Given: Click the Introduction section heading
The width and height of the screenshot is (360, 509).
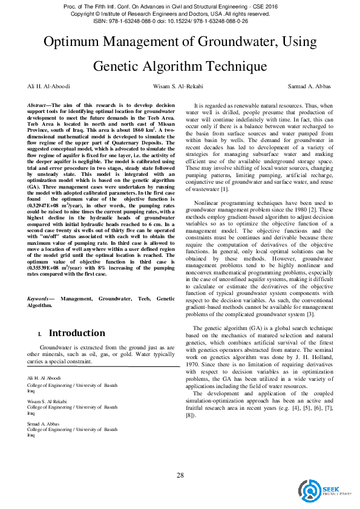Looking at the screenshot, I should click(77, 333).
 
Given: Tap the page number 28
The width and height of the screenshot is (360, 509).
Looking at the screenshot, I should click(180, 475).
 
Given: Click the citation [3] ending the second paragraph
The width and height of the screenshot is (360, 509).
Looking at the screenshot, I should click(310, 314).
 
